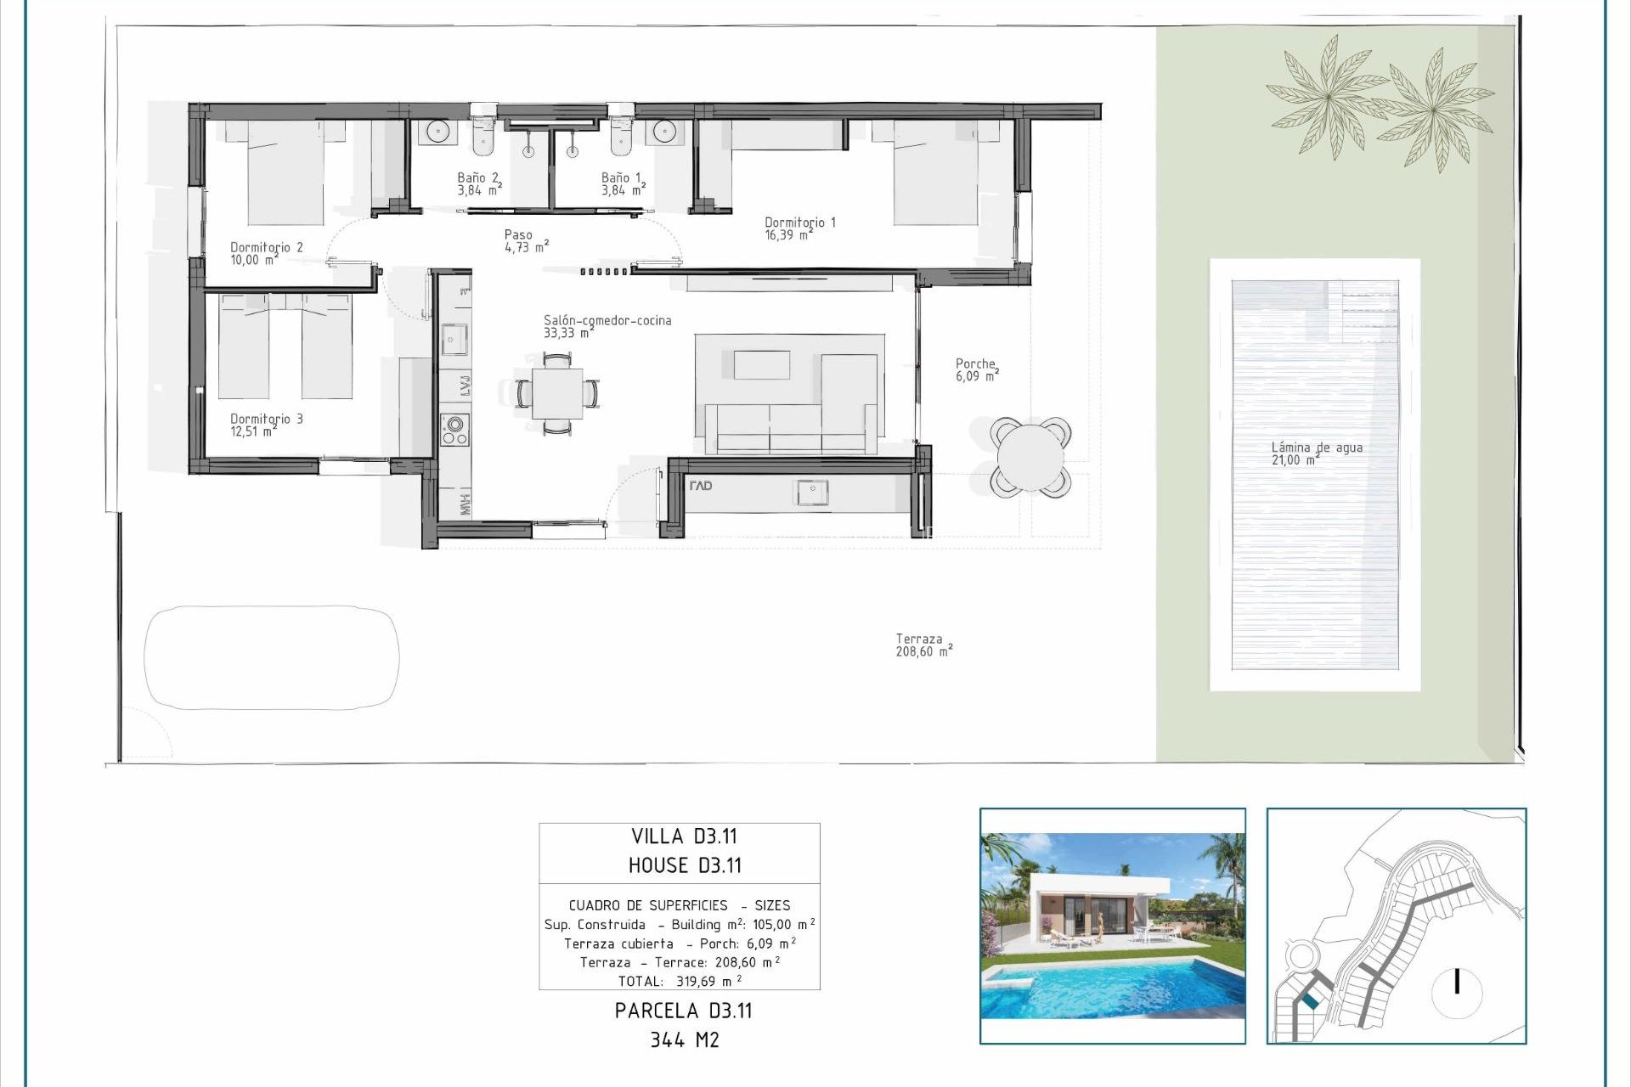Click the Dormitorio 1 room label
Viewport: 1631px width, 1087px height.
tap(799, 228)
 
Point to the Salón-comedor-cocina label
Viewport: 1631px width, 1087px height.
tap(607, 326)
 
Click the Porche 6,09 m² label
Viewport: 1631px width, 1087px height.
tap(976, 369)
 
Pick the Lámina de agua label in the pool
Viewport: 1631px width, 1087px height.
tap(1316, 453)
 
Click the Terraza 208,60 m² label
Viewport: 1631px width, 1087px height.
tap(923, 645)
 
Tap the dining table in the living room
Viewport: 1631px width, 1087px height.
tap(557, 393)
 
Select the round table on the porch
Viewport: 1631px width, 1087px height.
tap(1030, 457)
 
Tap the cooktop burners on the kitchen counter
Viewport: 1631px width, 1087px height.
tap(454, 430)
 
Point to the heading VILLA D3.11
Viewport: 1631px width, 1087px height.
tap(683, 836)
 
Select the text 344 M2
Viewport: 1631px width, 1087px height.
tap(684, 1039)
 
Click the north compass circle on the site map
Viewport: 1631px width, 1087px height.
tap(1457, 991)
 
